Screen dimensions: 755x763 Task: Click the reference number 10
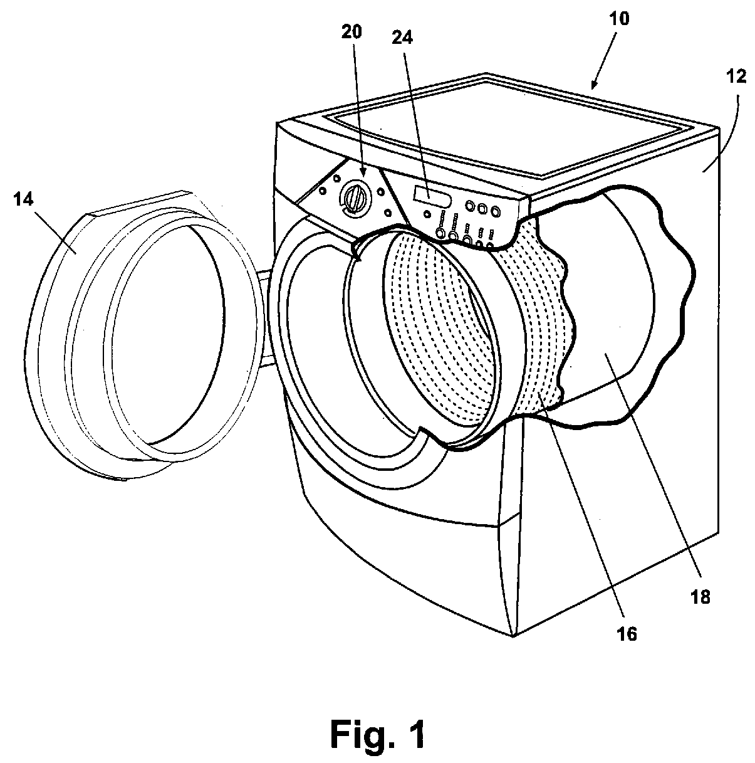619,19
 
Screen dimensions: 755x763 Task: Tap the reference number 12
736,76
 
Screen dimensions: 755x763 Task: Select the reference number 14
23,199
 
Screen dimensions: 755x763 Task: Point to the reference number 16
627,634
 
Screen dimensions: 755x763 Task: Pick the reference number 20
351,32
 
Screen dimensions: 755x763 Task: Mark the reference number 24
402,38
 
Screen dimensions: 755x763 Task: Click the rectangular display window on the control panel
422,194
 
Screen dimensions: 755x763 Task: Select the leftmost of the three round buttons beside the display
470,205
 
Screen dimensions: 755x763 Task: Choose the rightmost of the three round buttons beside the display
495,211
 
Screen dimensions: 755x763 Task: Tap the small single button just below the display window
427,214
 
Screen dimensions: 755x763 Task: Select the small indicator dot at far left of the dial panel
323,191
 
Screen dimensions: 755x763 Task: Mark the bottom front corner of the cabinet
513,636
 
